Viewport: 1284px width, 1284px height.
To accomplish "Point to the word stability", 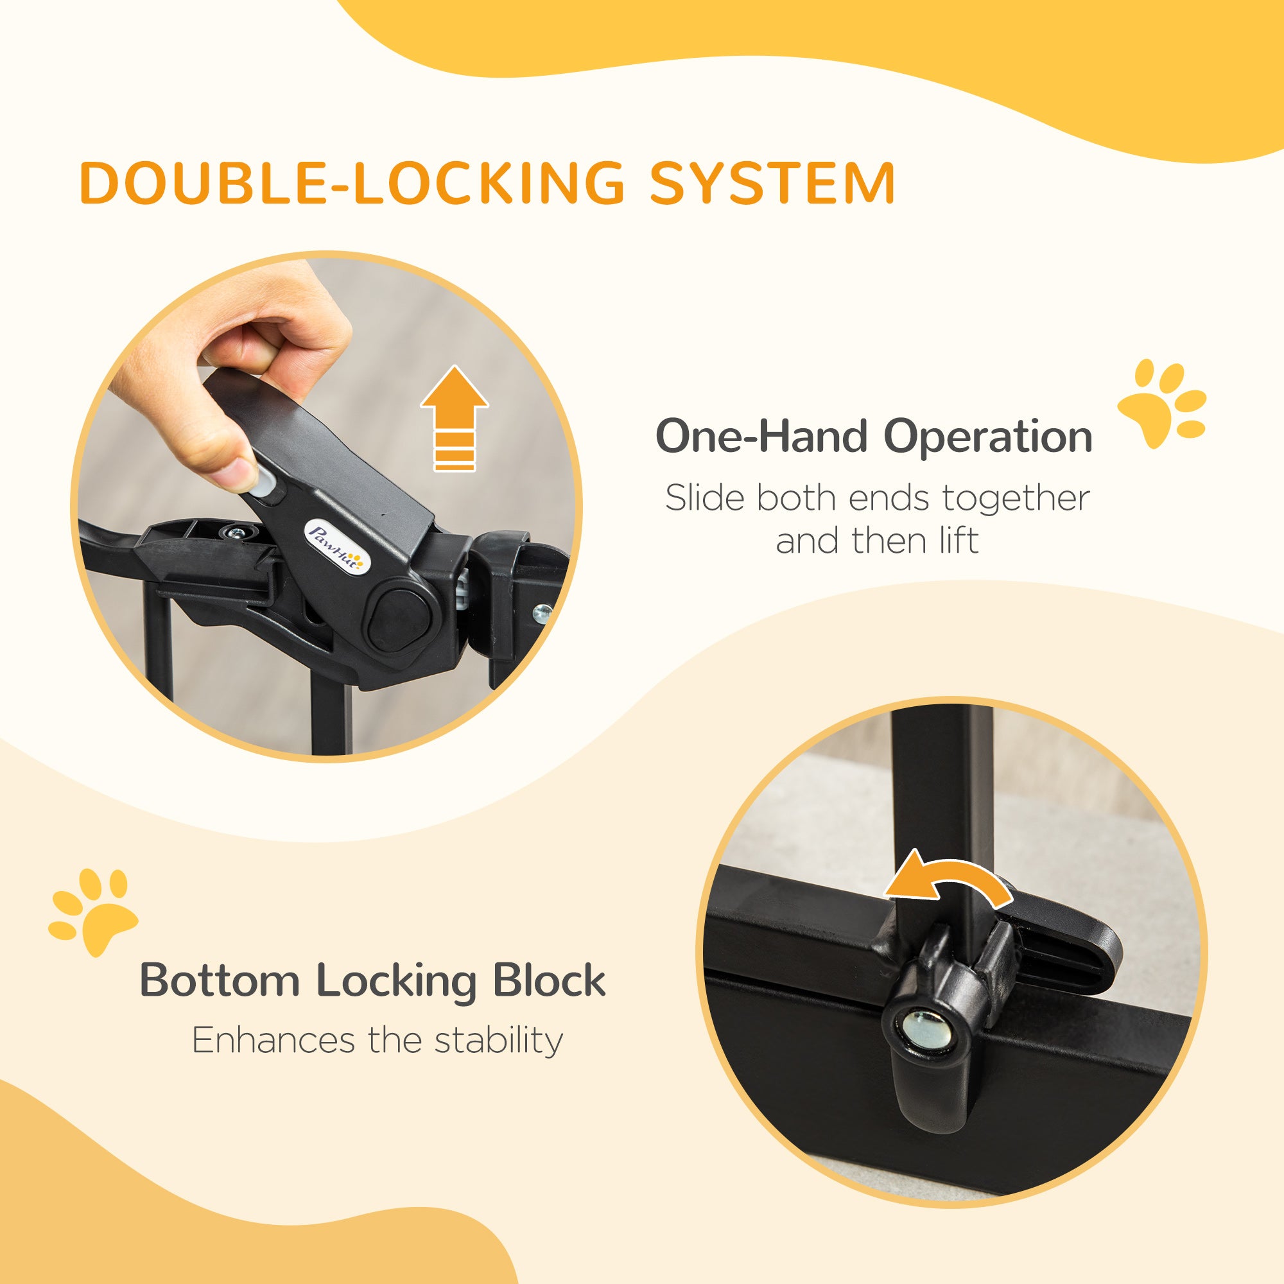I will pos(498,1041).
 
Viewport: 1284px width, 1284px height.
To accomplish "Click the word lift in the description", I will pos(958,541).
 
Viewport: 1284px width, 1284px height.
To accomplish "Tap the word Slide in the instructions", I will pos(704,498).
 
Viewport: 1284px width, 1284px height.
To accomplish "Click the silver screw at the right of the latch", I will pos(542,612).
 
